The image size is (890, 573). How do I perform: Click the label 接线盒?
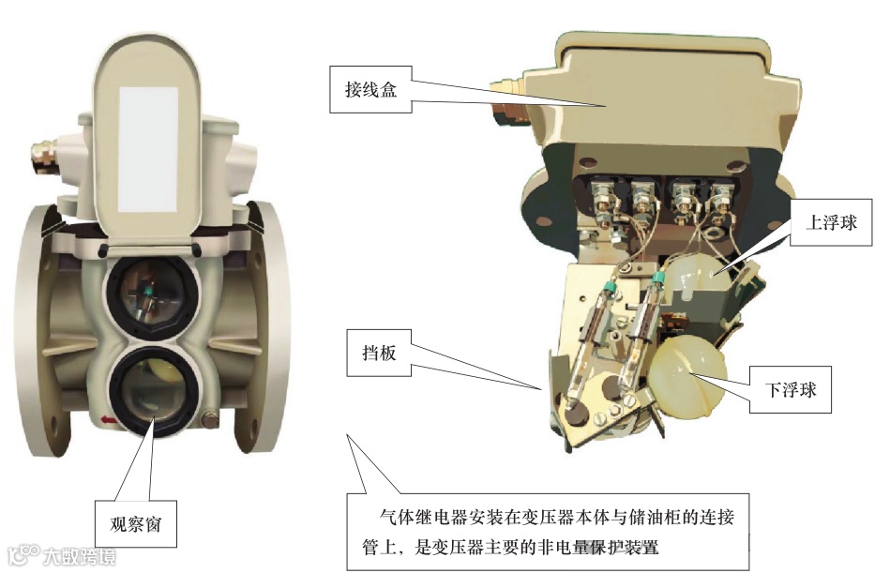tap(370, 90)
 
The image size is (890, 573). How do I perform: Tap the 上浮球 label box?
tap(831, 222)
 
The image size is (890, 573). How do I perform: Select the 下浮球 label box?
tap(790, 390)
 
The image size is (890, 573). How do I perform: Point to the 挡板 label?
tap(379, 353)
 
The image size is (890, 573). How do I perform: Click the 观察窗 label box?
tap(136, 524)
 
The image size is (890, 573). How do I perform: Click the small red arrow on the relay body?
tap(108, 420)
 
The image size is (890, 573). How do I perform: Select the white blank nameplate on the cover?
tap(148, 150)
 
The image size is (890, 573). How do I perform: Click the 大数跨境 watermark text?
tap(80, 556)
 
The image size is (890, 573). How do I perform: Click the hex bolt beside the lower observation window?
tap(209, 420)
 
